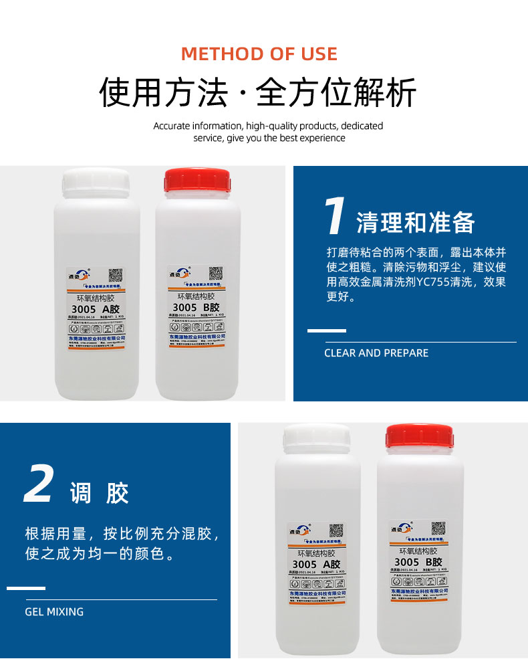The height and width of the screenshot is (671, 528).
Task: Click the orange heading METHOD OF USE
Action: coord(259,54)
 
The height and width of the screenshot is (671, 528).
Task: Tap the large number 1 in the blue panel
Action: coord(334,217)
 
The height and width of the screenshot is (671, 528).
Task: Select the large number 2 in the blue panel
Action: coord(39,484)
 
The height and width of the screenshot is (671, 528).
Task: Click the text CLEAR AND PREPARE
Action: coord(376,353)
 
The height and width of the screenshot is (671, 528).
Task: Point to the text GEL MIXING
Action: coord(54,611)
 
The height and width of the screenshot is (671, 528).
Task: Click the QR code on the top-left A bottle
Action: coord(117,276)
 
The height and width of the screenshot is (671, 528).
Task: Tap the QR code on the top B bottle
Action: coord(215,274)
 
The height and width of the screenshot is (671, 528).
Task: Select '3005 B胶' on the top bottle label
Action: coord(196,307)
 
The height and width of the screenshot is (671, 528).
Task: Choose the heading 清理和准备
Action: coord(415,223)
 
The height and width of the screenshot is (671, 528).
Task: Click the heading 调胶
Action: coord(100,494)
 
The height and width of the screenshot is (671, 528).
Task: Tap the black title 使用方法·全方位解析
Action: coord(258,92)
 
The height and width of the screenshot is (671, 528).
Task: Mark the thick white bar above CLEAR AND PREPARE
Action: coord(326,330)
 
